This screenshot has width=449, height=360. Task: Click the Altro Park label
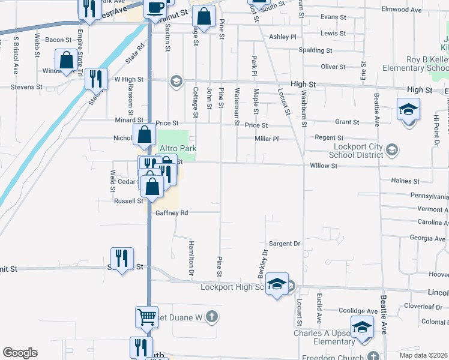pyautogui.click(x=178, y=149)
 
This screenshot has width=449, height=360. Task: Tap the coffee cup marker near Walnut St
pyautogui.click(x=155, y=8)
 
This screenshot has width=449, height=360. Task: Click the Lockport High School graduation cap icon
pyautogui.click(x=277, y=285)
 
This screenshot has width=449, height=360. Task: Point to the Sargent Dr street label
pyautogui.click(x=284, y=244)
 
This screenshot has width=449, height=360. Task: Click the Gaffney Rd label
pyautogui.click(x=172, y=213)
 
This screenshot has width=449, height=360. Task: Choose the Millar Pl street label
pyautogui.click(x=267, y=139)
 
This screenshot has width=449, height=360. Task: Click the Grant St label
pyautogui.click(x=347, y=122)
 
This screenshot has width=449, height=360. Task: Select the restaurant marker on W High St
pyautogui.click(x=96, y=79)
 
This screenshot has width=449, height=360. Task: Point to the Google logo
pyautogui.click(x=20, y=353)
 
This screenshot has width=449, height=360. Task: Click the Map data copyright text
pyautogui.click(x=423, y=355)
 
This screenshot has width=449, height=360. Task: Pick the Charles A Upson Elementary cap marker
pyautogui.click(x=362, y=328)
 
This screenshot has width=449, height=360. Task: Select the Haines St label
pyautogui.click(x=405, y=181)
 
